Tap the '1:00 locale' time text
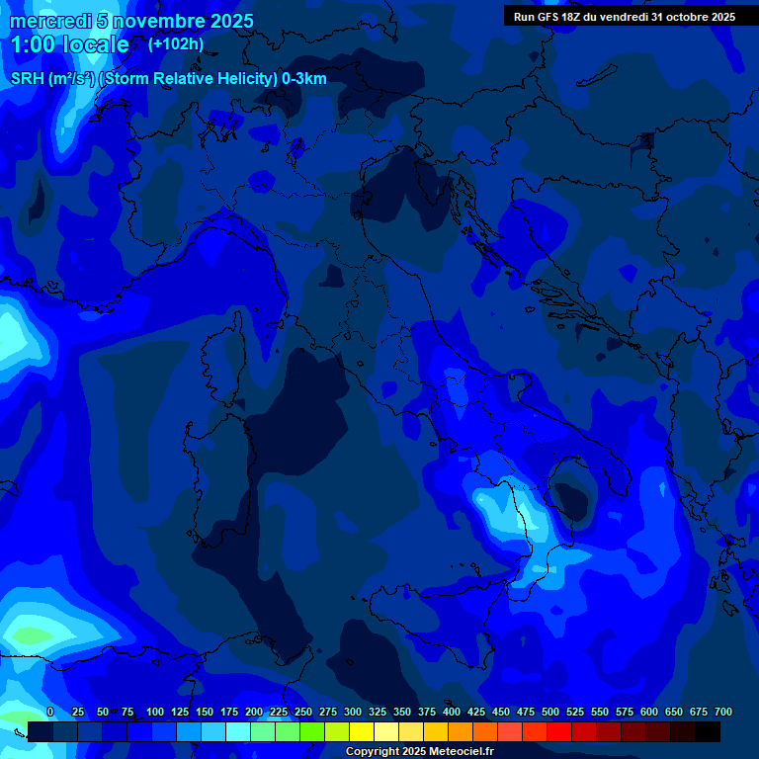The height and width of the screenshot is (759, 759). (69, 44)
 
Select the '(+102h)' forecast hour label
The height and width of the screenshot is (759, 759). (176, 43)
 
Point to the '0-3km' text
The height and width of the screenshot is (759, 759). (303, 79)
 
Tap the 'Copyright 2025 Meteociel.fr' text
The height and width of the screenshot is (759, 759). (419, 751)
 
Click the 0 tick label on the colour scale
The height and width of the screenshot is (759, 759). (50, 712)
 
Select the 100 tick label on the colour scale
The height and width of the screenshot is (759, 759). (155, 712)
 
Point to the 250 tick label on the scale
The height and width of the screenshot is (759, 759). (303, 712)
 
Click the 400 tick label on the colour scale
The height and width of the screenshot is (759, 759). (452, 712)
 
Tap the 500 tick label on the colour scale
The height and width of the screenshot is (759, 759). (550, 712)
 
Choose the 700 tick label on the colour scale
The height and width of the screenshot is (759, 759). (723, 712)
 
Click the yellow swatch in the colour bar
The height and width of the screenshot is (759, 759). (362, 731)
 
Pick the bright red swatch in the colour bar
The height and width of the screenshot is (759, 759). (559, 731)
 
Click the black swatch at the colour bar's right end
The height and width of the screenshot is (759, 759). (708, 731)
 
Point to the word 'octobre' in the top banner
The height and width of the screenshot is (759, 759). (681, 17)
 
